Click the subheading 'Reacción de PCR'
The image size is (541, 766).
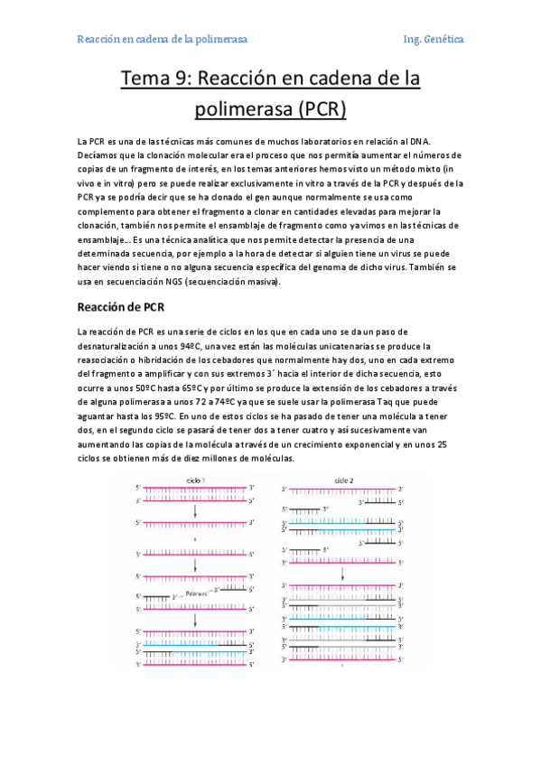point(120,305)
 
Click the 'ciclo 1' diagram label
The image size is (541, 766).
point(195,479)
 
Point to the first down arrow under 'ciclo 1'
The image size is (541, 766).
point(195,509)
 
